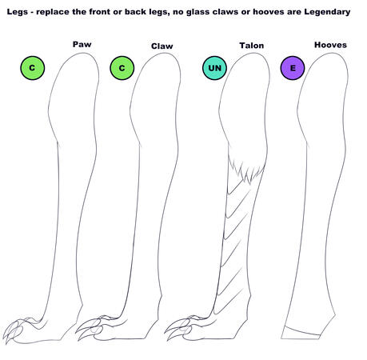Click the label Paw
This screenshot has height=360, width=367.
pyautogui.click(x=82, y=44)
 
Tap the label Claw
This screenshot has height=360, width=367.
pyautogui.click(x=162, y=46)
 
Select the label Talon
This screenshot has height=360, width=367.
pyautogui.click(x=252, y=46)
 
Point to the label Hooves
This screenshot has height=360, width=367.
pyautogui.click(x=330, y=45)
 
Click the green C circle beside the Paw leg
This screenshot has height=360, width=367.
pyautogui.click(x=33, y=68)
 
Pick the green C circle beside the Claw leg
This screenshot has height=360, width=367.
pyautogui.click(x=122, y=68)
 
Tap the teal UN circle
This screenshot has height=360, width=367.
pyautogui.click(x=214, y=68)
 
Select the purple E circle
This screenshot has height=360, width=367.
pyautogui.click(x=293, y=68)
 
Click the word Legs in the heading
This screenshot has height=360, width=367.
pyautogui.click(x=18, y=12)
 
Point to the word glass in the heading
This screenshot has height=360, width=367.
pyautogui.click(x=197, y=12)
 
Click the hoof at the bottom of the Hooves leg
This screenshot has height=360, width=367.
pyautogui.click(x=301, y=333)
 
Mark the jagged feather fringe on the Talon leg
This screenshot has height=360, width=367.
pyautogui.click(x=246, y=170)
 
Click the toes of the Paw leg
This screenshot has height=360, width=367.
pyautogui.click(x=16, y=330)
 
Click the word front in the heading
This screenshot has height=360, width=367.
pyautogui.click(x=98, y=12)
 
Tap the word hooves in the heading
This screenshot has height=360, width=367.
pyautogui.click(x=268, y=12)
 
